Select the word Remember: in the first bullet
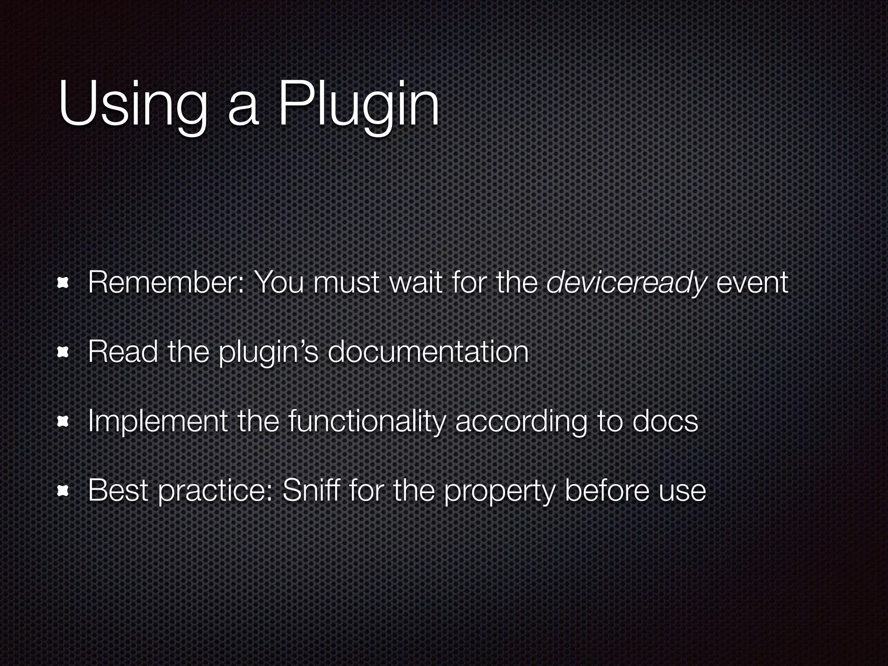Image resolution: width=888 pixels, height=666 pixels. (x=166, y=282)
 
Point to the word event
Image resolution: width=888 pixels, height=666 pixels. (x=752, y=283)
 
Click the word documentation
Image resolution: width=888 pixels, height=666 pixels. (x=428, y=352)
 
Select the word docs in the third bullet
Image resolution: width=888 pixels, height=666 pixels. (x=665, y=421)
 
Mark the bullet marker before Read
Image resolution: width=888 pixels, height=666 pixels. (x=64, y=353)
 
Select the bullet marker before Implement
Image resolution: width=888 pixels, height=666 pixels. (x=64, y=421)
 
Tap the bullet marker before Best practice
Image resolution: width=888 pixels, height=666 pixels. (x=64, y=491)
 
